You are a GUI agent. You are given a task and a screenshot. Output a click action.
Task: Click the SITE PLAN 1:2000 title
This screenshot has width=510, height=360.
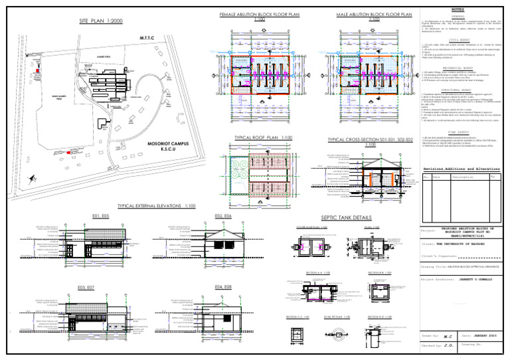pyautogui.click(x=102, y=21)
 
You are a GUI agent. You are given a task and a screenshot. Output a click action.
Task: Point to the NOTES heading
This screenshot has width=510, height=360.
pyautogui.click(x=459, y=10)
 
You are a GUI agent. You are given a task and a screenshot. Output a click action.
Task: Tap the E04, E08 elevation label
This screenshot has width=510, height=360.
pyautogui.click(x=224, y=286)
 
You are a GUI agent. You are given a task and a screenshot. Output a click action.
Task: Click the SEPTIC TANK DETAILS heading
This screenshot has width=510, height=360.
pyautogui.click(x=345, y=217)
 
